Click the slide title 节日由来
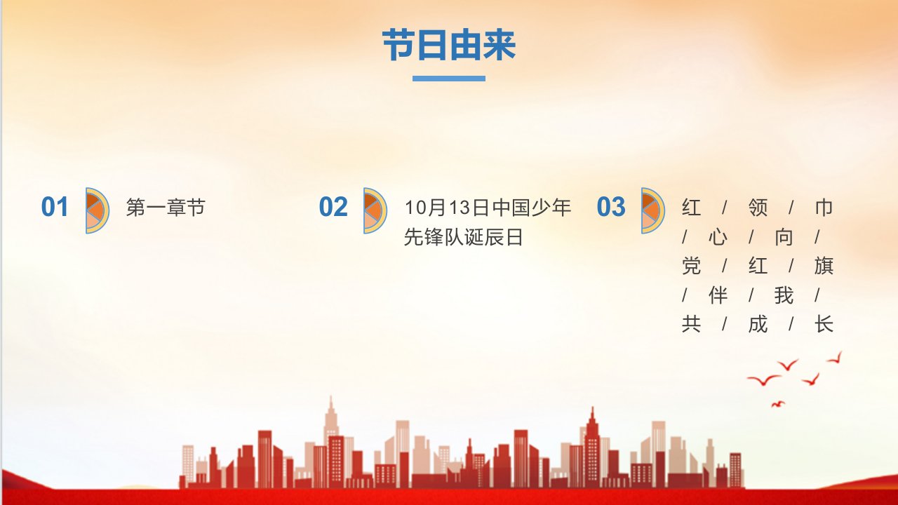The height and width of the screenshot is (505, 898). [x=449, y=45]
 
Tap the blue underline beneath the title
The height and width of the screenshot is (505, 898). [x=449, y=79]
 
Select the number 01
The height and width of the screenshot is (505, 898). [x=55, y=207]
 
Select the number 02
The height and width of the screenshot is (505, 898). [x=333, y=207]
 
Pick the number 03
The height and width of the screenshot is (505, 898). [x=611, y=207]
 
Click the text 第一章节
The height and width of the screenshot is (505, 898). [x=166, y=208]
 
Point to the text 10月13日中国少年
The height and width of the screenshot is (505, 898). [x=488, y=208]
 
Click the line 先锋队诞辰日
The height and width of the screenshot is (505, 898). [x=464, y=237]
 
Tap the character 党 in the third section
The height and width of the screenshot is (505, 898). [x=692, y=266]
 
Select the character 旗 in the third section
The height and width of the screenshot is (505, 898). [x=824, y=266]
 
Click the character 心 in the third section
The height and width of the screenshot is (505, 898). [x=718, y=237]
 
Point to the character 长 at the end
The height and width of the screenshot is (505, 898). [x=824, y=324]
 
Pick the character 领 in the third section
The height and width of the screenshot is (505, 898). [x=758, y=208]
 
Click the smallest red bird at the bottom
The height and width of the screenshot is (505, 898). [x=778, y=404]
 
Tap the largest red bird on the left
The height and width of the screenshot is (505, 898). [x=763, y=380]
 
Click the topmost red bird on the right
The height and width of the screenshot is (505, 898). [x=836, y=358]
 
